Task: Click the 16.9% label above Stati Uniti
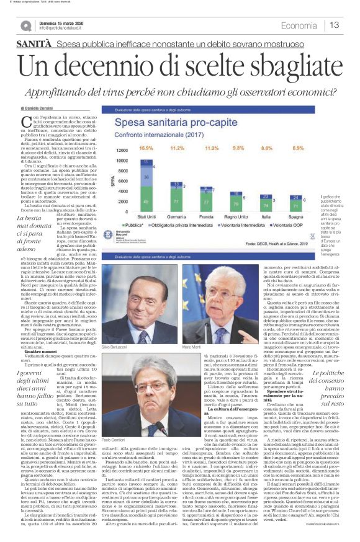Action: (x=146, y=149)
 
